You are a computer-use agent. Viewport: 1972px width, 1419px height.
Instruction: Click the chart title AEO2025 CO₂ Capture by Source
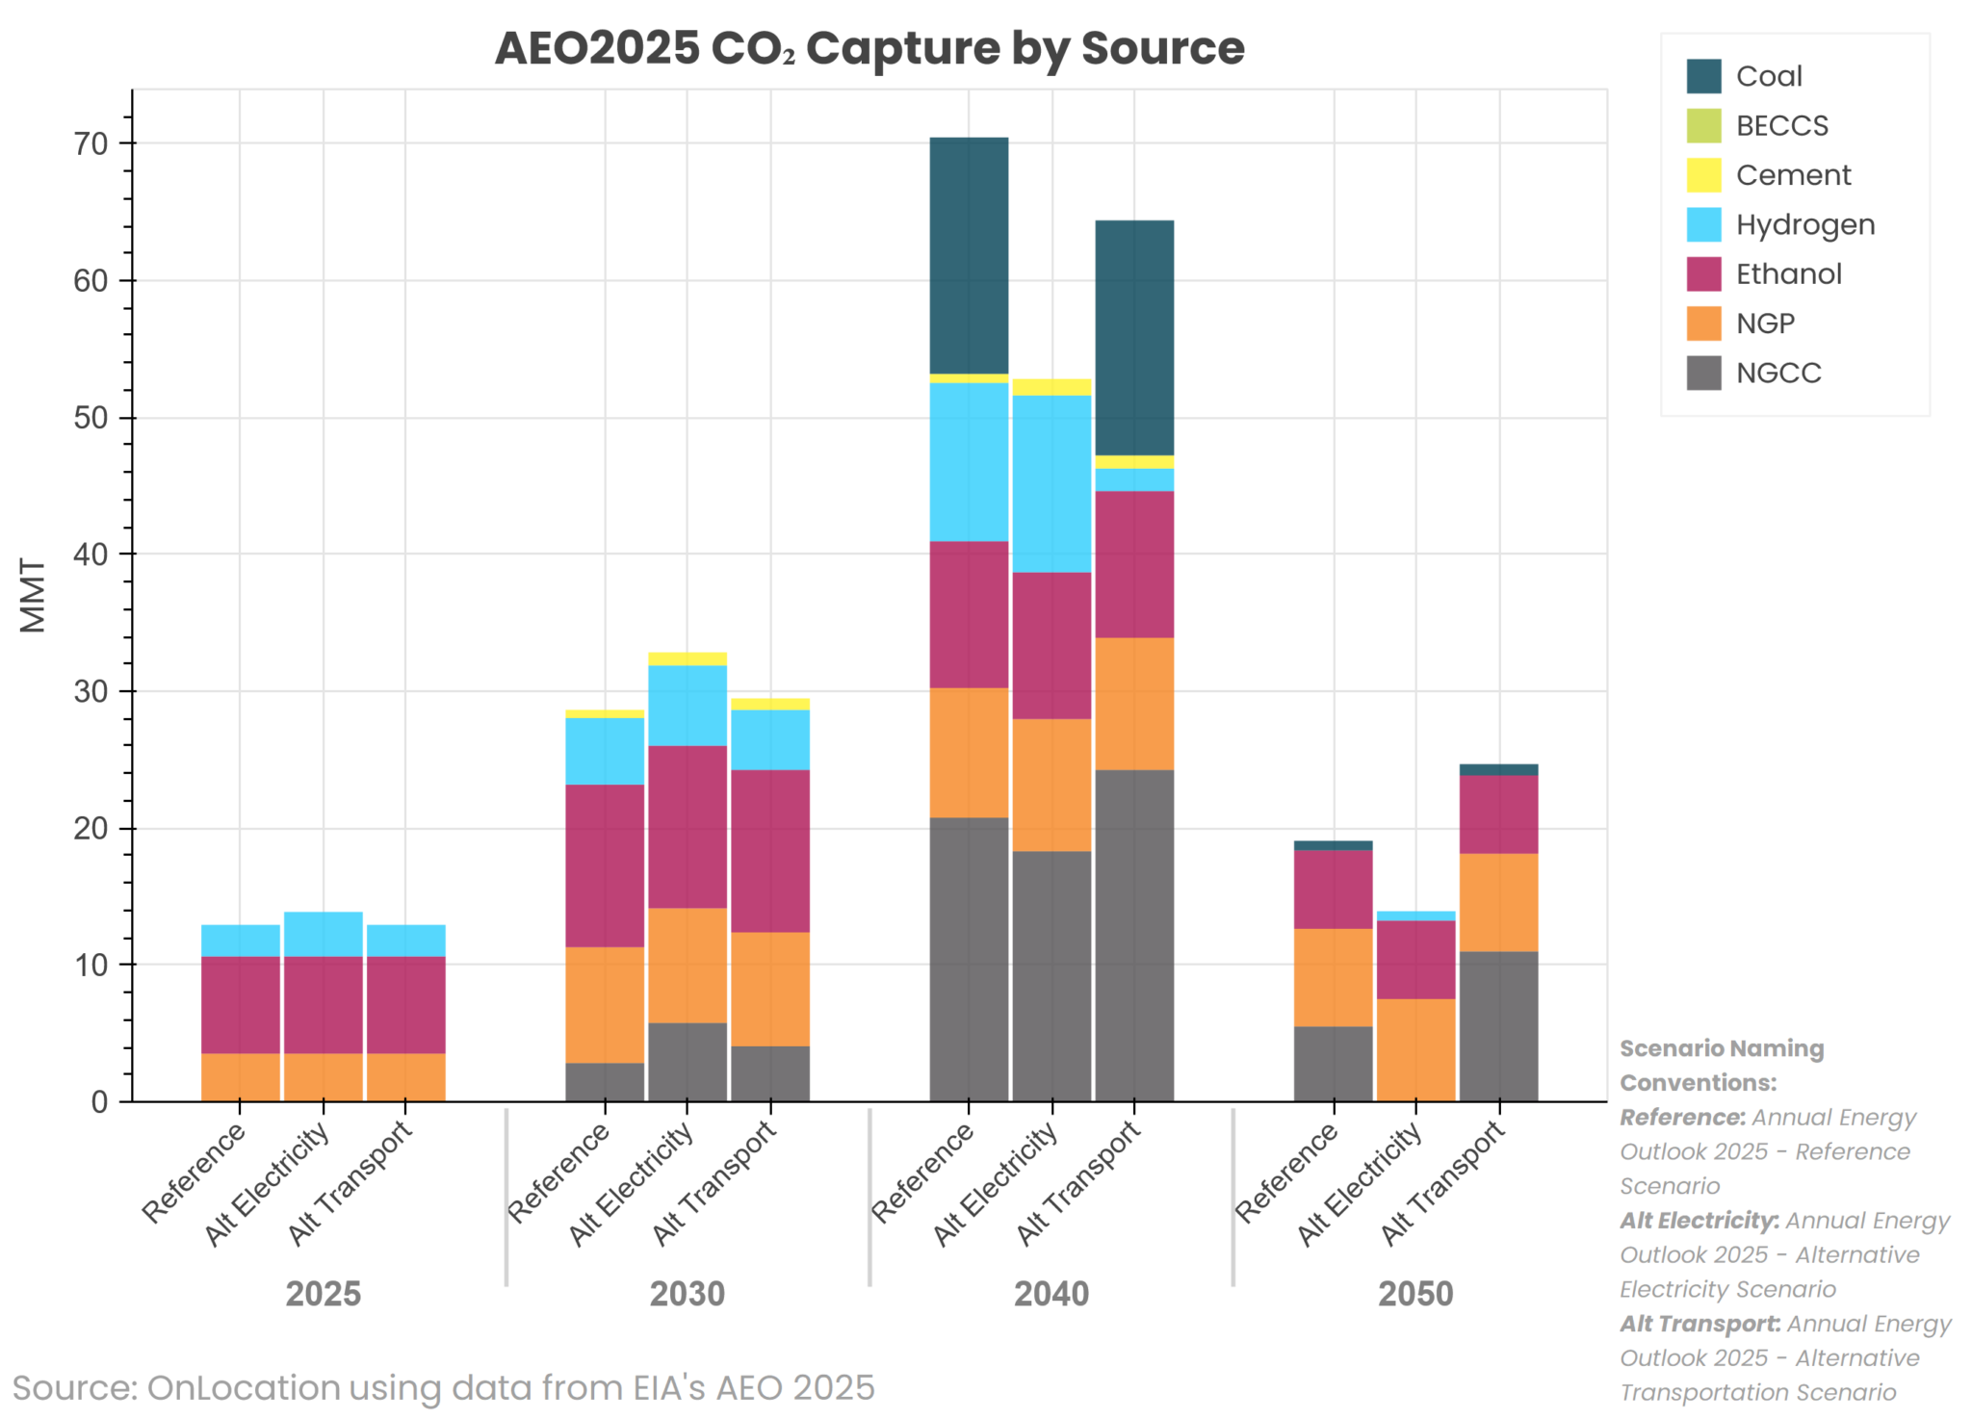[x=869, y=48]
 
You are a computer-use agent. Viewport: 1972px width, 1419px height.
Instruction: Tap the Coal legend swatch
[x=1702, y=76]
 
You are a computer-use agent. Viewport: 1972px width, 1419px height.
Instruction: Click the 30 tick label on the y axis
[x=91, y=692]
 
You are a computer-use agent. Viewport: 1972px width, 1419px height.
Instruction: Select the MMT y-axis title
[x=34, y=596]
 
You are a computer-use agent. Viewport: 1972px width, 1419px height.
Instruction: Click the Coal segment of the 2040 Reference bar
[x=969, y=255]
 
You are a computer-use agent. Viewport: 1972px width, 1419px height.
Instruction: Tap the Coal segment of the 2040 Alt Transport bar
[x=1134, y=337]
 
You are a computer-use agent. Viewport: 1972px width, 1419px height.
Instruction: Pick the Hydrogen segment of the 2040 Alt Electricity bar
[x=1051, y=483]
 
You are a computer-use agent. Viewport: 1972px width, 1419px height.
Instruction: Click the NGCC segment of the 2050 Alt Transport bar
[x=1498, y=1026]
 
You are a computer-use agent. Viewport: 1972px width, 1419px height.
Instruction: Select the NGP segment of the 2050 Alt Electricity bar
[x=1415, y=1049]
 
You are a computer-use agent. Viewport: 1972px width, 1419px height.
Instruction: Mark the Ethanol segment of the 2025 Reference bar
[x=241, y=1004]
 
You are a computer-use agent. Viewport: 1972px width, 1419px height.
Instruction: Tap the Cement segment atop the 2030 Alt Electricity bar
[x=688, y=659]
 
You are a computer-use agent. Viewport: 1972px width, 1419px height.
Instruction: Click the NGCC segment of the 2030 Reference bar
[x=605, y=1082]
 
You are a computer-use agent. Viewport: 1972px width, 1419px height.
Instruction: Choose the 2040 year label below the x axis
[x=1051, y=1293]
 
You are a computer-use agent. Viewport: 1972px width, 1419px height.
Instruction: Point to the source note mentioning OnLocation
[x=443, y=1388]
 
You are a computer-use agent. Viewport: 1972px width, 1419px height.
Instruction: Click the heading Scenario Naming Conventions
[x=1721, y=1065]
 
